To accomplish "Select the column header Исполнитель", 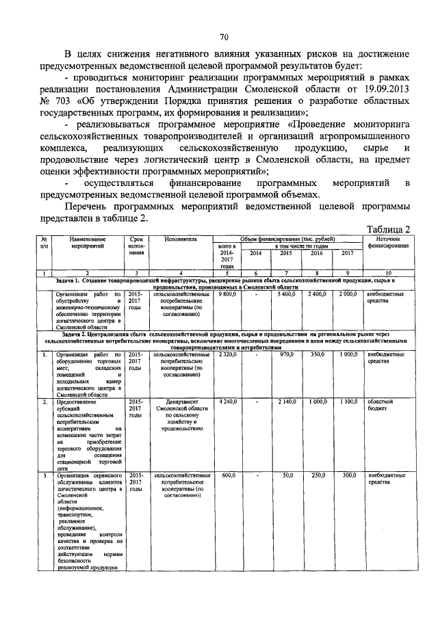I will pos(181,240).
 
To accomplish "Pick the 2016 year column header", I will pos(317,253).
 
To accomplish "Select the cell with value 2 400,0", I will pos(317,294).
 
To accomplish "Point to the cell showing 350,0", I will pos(317,355).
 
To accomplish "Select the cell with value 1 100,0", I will pos(348,402).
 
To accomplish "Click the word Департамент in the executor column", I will pos(181,402).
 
